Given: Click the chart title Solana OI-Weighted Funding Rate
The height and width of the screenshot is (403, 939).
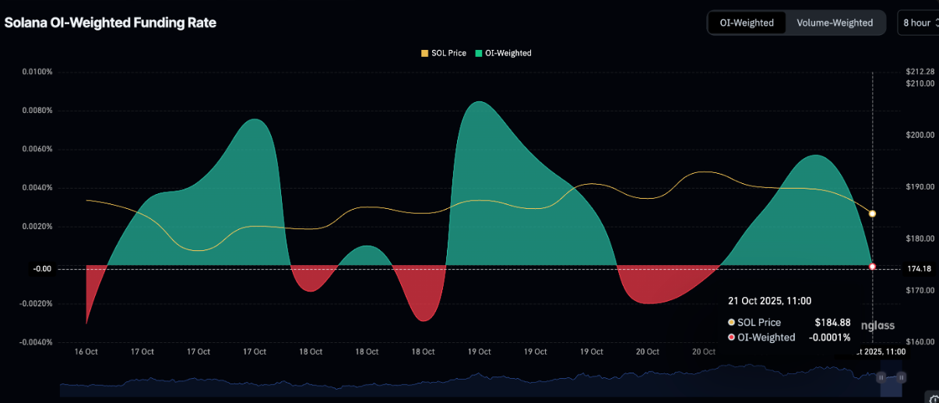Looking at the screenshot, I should coord(111,23).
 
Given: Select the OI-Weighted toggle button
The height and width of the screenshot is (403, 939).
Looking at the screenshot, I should coord(747,23).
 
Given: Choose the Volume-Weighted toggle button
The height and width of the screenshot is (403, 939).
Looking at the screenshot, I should coord(835,23).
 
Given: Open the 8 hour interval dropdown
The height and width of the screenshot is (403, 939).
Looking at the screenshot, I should coord(918,23).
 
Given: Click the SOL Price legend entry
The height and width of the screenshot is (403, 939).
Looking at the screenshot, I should coord(444,53).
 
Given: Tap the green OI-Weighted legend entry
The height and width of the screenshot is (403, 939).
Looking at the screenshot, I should coord(503,53).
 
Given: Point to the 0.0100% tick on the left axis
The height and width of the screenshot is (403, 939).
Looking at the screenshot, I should coord(37,72).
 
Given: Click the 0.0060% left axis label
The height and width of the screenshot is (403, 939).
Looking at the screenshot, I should coord(37,149).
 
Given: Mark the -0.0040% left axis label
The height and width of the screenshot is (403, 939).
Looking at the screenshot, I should coord(35,342).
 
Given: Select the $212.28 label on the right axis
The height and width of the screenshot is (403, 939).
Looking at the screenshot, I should coord(920,72).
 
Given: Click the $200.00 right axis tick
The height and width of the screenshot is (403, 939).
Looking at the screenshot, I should coord(920,136).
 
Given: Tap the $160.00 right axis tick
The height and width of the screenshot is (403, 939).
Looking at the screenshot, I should coord(920,342).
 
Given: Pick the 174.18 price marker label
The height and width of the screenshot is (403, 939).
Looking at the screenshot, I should coord(919,269).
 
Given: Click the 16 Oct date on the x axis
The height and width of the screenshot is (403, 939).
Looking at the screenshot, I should coord(86,352).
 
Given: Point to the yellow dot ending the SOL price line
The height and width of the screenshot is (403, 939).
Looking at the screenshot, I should coord(872,214).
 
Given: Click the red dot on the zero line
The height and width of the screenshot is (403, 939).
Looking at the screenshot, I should coord(872,267).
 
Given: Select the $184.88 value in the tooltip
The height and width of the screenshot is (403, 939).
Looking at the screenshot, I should coord(832,322).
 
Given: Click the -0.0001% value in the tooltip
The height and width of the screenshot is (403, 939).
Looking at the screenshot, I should coord(829,338).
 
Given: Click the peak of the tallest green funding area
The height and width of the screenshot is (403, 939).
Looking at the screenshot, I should coord(479,101).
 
